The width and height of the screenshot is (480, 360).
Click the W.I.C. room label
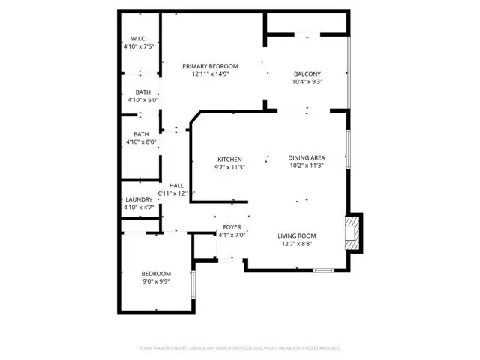coord(138,38)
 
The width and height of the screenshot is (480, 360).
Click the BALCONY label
coord(307,73)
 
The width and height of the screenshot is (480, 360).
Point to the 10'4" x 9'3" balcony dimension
coord(307,81)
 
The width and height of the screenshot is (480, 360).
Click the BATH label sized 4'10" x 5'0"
coord(141,91)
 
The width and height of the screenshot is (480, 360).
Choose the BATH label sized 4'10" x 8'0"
coord(141,134)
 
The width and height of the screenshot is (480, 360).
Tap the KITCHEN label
coord(229,160)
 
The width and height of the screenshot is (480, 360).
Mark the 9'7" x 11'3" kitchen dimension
coord(229,167)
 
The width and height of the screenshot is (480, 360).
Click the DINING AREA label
coord(306,158)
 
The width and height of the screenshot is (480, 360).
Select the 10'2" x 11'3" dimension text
coord(306,166)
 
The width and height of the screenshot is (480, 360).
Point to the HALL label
coord(176,185)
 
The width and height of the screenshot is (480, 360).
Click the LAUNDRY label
coord(139,199)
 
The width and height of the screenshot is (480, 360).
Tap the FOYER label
coord(232,227)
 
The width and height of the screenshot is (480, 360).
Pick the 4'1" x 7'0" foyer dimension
coord(232,235)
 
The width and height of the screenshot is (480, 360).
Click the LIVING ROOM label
coord(297,235)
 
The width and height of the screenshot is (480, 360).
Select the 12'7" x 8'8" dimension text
coord(297,243)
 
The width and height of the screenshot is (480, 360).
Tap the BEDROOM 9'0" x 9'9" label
coord(156,273)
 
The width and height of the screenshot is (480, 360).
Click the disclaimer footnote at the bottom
coord(240,348)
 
